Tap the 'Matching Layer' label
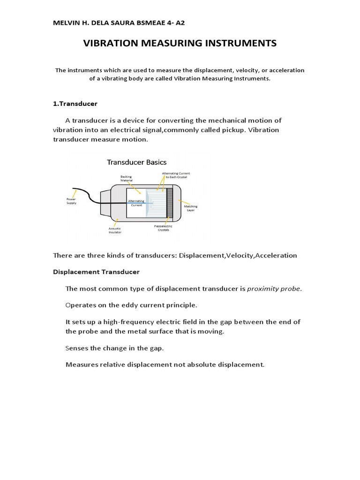pos(190,208)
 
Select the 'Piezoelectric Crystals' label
pos(161,228)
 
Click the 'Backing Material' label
pos(127,179)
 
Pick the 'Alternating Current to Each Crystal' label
pos(176,175)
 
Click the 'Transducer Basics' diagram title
pos(136,162)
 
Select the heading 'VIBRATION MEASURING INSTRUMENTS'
pos(180,44)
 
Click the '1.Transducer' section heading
pos(75,104)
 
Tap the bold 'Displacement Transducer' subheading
pos(96,272)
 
